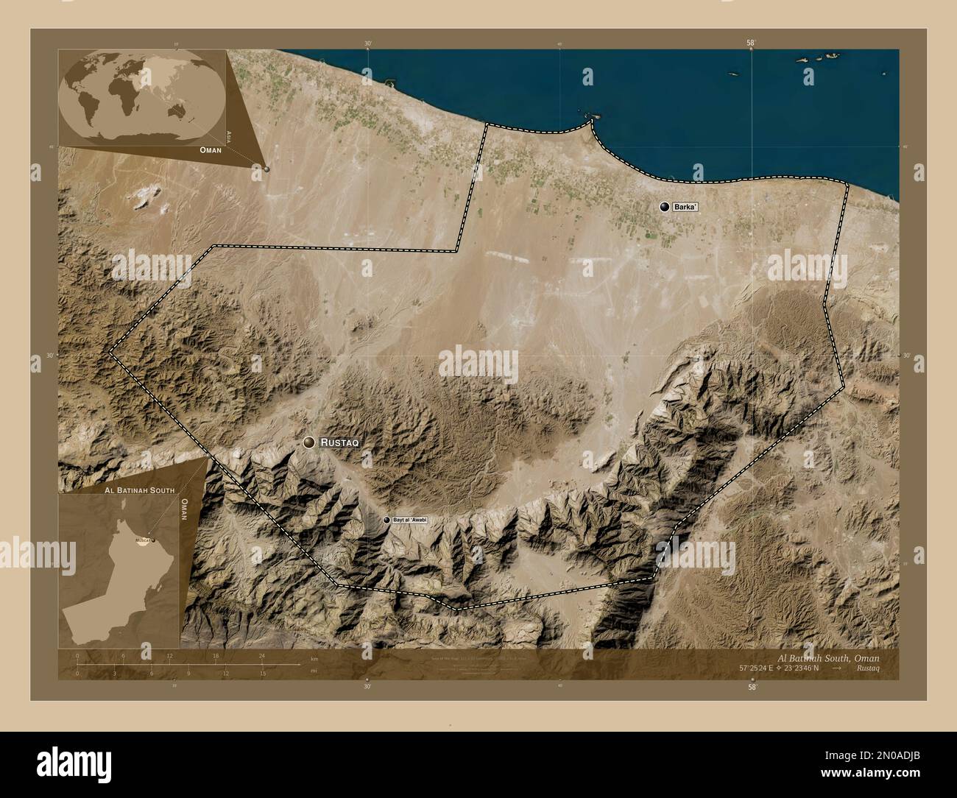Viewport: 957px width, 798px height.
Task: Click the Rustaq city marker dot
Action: (x=309, y=442)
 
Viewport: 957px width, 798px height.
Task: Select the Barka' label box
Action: (x=684, y=208)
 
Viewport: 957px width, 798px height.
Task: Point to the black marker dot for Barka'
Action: (x=665, y=208)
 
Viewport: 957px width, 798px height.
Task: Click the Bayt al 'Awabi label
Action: (x=410, y=520)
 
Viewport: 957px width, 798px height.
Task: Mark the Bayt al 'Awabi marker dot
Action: (x=387, y=520)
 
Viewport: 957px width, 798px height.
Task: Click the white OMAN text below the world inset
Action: (x=211, y=149)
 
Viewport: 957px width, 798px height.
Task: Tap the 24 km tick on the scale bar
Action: (x=261, y=655)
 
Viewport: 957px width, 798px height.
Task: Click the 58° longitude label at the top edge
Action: (x=750, y=43)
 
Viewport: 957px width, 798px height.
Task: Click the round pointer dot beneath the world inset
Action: (x=266, y=169)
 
